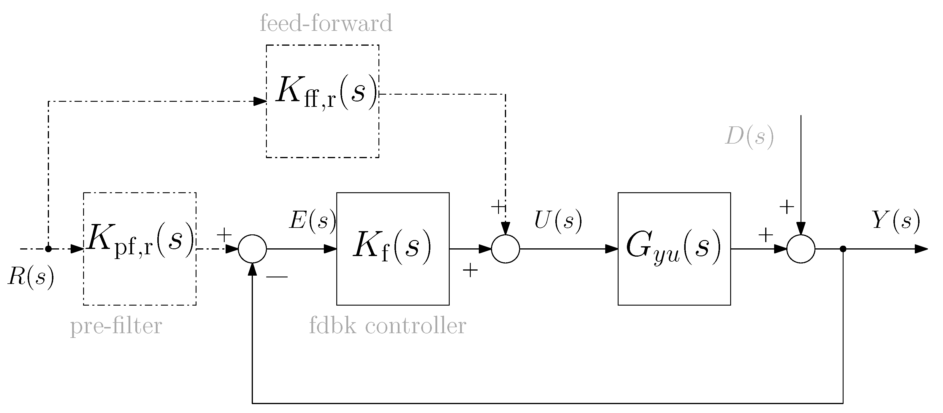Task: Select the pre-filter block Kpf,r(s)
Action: [140, 248]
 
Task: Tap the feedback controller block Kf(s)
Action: [393, 248]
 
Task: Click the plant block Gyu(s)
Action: [674, 248]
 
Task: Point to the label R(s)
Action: [31, 276]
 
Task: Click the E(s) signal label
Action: [312, 221]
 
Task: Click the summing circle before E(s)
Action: [252, 249]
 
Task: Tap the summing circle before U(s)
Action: [505, 249]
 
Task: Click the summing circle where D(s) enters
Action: [801, 249]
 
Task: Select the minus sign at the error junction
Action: [277, 277]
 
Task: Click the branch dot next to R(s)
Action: [48, 249]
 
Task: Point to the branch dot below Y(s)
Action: [843, 249]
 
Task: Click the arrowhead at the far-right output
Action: [921, 249]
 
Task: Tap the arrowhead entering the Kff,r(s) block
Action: [260, 101]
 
